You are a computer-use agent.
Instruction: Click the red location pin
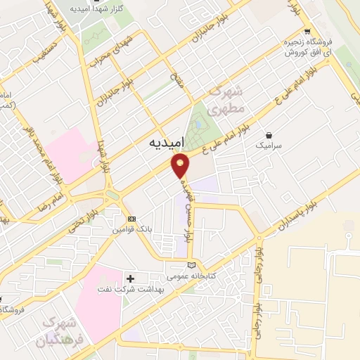[181, 165]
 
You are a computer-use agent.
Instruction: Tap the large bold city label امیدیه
[167, 142]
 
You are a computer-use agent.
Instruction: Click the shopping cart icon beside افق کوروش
[307, 31]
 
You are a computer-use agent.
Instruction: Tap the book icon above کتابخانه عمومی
[191, 264]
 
